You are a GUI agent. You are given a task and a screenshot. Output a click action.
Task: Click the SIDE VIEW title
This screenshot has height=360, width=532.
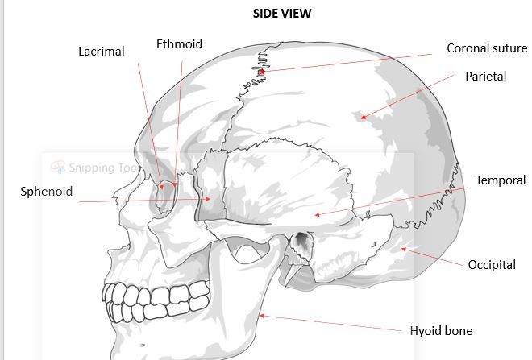(x=282, y=13)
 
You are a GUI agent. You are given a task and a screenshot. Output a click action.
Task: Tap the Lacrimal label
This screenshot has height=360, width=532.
(x=102, y=52)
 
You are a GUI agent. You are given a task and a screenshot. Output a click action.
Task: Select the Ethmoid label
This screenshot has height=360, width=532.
(x=179, y=44)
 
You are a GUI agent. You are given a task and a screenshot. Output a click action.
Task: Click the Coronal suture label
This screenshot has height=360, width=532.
(x=487, y=48)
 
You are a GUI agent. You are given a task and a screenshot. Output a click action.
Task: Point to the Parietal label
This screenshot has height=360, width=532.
(x=486, y=77)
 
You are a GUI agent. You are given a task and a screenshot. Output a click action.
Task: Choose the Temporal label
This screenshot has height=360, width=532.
(x=500, y=180)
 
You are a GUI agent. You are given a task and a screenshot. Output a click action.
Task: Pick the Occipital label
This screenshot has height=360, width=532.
(x=492, y=264)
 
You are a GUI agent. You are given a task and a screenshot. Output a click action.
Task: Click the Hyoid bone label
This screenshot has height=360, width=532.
(x=441, y=330)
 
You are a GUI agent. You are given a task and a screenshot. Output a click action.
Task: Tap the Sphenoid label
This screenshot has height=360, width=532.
(x=47, y=192)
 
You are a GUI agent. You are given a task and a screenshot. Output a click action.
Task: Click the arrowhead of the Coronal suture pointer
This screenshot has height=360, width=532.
(x=261, y=71)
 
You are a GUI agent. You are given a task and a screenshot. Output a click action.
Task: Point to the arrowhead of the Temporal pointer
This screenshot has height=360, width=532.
(x=316, y=215)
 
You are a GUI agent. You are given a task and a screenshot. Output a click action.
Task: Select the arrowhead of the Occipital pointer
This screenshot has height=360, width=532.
(x=403, y=249)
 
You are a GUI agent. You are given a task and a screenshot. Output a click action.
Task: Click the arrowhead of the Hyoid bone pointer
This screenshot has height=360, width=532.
(x=260, y=316)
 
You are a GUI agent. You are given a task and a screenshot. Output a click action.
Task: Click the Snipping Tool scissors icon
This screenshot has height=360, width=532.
(x=57, y=168)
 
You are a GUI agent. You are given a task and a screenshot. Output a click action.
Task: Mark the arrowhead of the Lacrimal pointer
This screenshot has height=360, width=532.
(x=162, y=188)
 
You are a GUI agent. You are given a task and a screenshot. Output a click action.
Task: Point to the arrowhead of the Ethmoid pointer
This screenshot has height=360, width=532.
(x=175, y=184)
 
